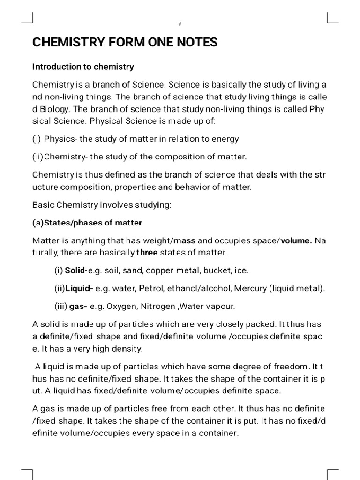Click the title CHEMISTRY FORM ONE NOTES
[x=125, y=43]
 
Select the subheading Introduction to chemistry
[x=83, y=67]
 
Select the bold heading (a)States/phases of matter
[x=87, y=222]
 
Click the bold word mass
[x=185, y=241]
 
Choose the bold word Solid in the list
[x=75, y=271]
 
